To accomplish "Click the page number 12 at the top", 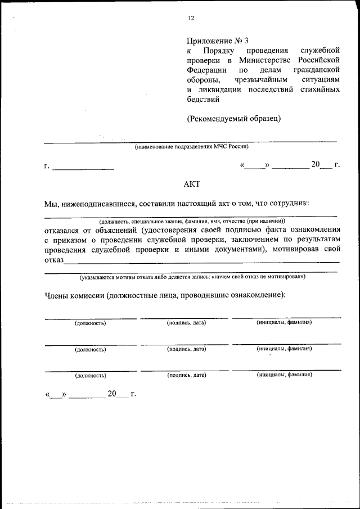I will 191,18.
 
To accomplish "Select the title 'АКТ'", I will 191,184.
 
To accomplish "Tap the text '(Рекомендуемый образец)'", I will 233,118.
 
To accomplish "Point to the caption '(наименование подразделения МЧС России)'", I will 191,147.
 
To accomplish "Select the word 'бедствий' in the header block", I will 202,99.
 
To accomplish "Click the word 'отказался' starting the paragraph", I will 64,230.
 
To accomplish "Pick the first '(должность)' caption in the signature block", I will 90,323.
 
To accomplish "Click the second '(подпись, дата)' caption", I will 186,349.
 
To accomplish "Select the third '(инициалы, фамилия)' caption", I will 283,375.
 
